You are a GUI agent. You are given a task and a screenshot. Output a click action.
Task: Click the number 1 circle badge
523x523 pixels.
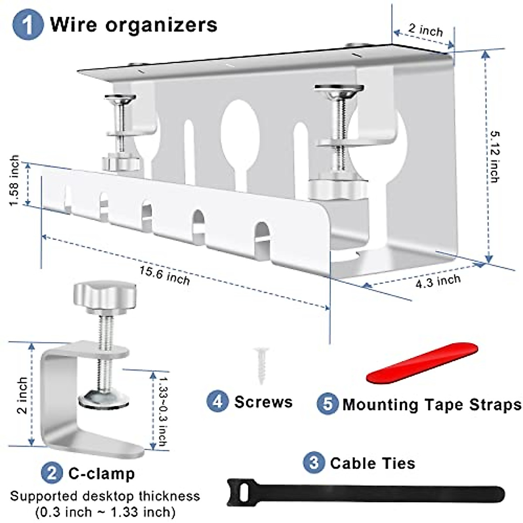[28, 24]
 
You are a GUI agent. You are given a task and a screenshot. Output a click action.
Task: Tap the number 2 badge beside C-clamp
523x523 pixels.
[52, 473]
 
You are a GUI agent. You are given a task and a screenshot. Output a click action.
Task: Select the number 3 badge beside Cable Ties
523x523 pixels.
[314, 462]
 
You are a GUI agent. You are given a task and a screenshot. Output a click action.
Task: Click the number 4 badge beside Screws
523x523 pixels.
[217, 401]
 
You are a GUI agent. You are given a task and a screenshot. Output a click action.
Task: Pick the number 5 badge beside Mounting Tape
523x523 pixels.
[327, 404]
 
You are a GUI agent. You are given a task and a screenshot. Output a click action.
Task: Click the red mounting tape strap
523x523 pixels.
[422, 363]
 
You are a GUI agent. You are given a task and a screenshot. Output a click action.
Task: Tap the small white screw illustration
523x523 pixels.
[261, 364]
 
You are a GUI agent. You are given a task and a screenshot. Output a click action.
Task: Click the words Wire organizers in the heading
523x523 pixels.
[133, 24]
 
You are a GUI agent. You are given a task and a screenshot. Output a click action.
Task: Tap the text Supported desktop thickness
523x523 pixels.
[105, 496]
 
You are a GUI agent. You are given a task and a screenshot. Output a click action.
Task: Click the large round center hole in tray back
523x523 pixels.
[240, 126]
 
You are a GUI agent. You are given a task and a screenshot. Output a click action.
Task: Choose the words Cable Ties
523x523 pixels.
[373, 463]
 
